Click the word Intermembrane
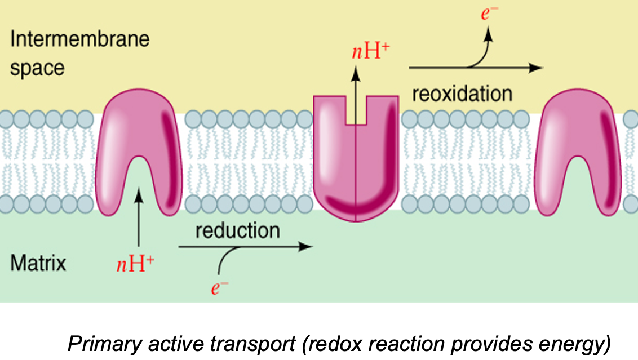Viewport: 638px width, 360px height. tap(79, 39)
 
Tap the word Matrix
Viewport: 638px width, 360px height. tap(38, 263)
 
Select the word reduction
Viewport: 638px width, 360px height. tap(237, 230)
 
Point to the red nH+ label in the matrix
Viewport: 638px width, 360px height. tap(135, 264)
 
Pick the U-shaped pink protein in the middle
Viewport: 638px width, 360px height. tap(356, 163)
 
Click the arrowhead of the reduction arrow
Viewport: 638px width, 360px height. tap(307, 246)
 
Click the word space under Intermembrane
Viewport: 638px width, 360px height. tap(37, 68)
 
